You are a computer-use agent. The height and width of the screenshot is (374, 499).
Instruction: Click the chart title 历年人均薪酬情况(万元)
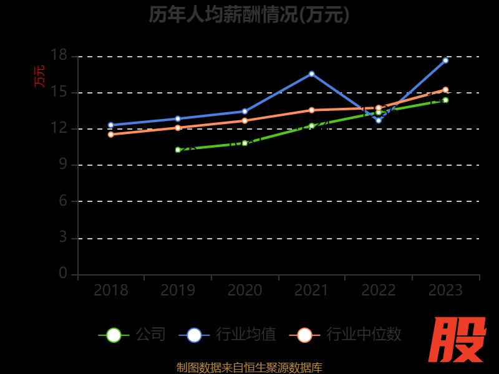tap(249, 14)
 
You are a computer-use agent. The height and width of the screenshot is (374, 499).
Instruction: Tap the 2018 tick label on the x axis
tap(111, 290)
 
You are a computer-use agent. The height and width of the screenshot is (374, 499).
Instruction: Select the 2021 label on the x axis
tap(311, 290)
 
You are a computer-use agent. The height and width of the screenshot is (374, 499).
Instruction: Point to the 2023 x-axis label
tap(445, 290)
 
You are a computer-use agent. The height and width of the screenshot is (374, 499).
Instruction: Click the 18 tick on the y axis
tap(59, 56)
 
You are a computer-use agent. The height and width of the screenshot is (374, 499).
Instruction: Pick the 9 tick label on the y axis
tap(62, 165)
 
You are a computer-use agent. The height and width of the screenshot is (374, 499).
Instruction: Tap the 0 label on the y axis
tap(62, 273)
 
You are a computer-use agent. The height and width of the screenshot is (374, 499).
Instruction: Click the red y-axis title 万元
tap(39, 76)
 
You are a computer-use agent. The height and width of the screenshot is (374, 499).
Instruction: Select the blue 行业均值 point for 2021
tap(312, 74)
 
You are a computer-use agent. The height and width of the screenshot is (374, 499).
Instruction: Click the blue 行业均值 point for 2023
tap(445, 60)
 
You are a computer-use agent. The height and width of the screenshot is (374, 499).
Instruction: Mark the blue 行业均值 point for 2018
tap(111, 125)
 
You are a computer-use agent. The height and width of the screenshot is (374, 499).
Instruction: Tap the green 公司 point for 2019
tap(178, 150)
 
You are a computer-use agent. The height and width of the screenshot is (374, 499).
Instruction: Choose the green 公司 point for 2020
tap(245, 143)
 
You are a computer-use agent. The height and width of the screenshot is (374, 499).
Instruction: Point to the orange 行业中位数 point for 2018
tap(111, 134)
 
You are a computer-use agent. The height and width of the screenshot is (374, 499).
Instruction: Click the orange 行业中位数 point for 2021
tap(312, 110)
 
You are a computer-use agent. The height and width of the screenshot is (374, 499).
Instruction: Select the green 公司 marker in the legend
tap(114, 335)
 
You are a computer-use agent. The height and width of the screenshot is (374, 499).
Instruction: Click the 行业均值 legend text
tap(246, 335)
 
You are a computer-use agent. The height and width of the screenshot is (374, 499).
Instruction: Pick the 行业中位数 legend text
tap(364, 335)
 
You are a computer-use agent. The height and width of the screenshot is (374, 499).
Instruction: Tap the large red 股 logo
tap(458, 340)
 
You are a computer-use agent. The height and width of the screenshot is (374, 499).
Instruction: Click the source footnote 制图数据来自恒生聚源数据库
tap(249, 367)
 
